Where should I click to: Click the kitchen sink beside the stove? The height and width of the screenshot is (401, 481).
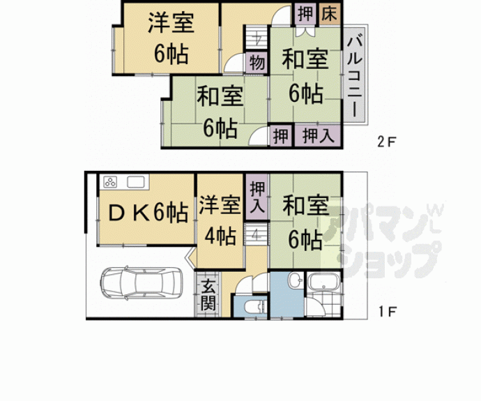click(137, 183)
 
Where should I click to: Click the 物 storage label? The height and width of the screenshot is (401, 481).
click(257, 62)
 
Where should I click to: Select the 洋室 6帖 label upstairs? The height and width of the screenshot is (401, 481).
click(170, 38)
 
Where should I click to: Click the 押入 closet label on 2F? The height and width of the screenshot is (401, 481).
click(317, 135)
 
